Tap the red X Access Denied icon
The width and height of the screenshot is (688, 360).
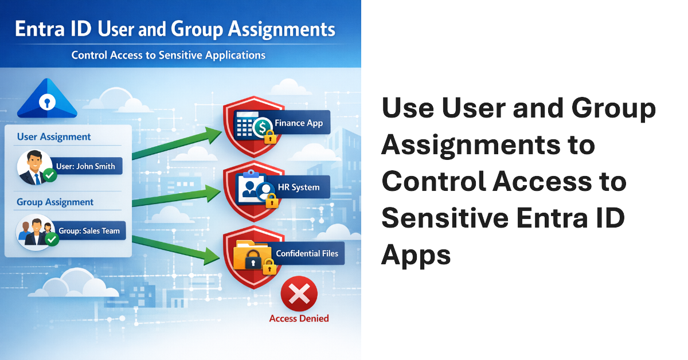(x=299, y=295)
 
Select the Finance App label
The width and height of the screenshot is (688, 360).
(x=298, y=123)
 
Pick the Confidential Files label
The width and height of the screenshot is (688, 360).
(x=307, y=253)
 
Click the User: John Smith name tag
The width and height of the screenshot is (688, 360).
(x=86, y=167)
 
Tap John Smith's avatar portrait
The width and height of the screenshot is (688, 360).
(x=33, y=167)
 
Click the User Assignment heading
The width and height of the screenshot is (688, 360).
(x=54, y=137)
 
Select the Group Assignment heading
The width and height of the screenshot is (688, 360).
(x=55, y=202)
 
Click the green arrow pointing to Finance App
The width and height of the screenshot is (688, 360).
(x=178, y=143)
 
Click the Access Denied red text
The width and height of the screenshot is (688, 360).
(x=299, y=318)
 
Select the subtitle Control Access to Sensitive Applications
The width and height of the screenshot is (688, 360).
(x=168, y=56)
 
